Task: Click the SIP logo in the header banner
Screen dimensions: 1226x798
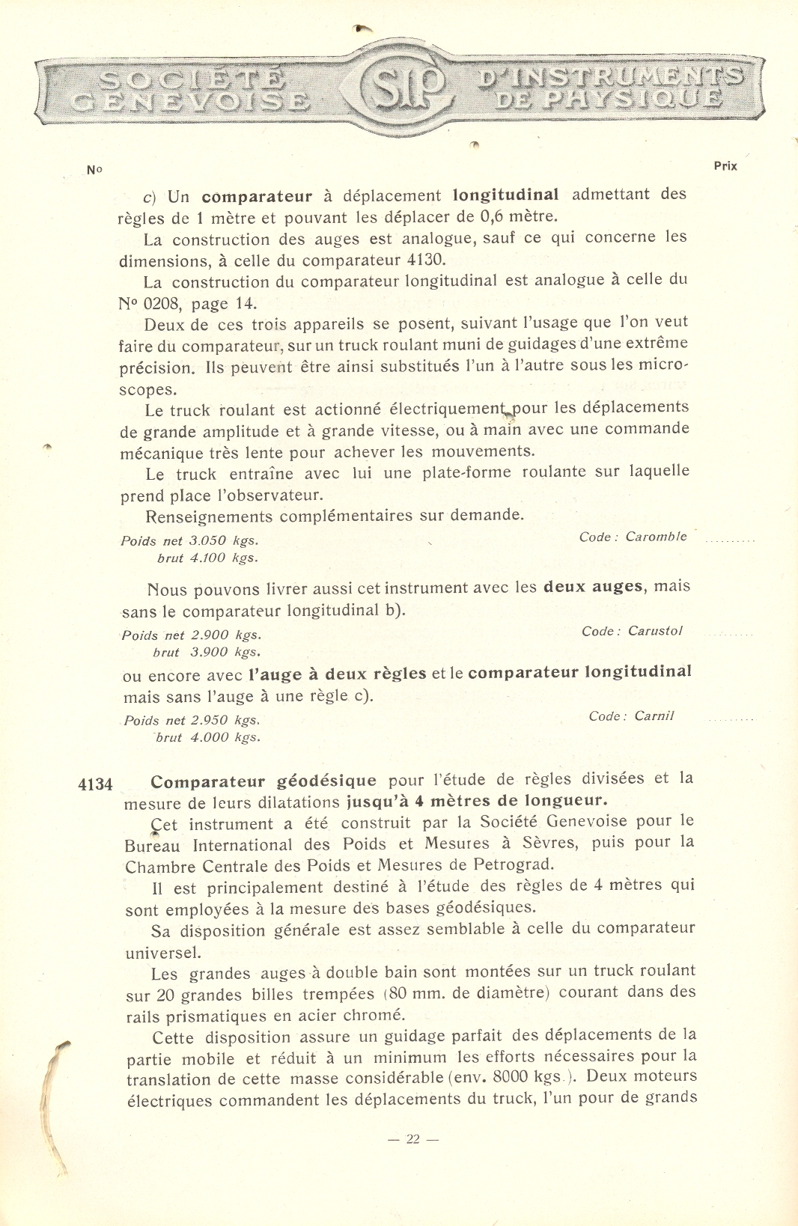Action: pyautogui.click(x=405, y=88)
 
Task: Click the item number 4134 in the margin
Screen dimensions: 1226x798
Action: pyautogui.click(x=95, y=784)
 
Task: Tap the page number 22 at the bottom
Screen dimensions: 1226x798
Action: pyautogui.click(x=412, y=1139)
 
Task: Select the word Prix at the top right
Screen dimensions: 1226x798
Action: pyautogui.click(x=725, y=166)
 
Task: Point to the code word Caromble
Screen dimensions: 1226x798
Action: pyautogui.click(x=656, y=537)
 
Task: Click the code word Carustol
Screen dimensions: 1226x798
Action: pyautogui.click(x=655, y=631)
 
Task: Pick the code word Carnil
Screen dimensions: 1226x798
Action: pyautogui.click(x=654, y=716)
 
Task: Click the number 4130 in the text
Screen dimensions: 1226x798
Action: pyautogui.click(x=426, y=260)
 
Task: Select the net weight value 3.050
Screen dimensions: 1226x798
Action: pyautogui.click(x=207, y=540)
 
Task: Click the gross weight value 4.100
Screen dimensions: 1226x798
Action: pyautogui.click(x=207, y=558)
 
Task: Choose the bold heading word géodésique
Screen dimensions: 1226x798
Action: pyautogui.click(x=326, y=781)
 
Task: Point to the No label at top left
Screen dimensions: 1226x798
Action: pyautogui.click(x=94, y=170)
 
